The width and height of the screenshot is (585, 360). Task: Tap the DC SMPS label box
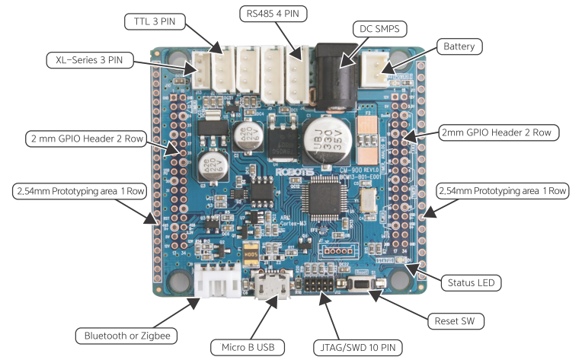379,28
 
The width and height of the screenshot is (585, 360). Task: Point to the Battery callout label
459,46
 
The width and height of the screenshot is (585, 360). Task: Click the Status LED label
469,283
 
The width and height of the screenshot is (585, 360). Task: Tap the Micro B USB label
248,348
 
